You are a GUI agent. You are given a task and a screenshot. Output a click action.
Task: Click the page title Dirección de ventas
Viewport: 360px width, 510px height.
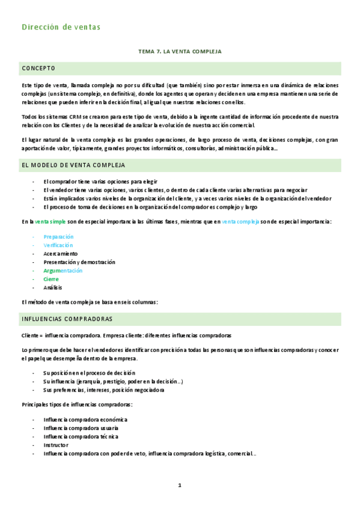click(x=61, y=26)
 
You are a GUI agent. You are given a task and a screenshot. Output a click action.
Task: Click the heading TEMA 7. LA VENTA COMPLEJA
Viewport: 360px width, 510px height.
click(x=180, y=52)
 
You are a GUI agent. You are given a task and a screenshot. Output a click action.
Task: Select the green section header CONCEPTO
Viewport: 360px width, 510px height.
click(x=38, y=68)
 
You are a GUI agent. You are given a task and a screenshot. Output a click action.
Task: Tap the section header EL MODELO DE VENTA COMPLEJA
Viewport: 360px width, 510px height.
click(x=73, y=165)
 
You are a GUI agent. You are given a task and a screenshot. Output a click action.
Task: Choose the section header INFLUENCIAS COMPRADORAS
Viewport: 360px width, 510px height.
click(x=67, y=318)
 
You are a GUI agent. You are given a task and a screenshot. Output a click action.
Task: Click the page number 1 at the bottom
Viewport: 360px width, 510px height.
click(x=179, y=485)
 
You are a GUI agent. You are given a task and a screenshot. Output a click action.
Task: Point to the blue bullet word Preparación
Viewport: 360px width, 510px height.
click(x=58, y=237)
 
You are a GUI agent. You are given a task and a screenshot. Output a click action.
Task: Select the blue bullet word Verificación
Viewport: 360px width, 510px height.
click(x=58, y=245)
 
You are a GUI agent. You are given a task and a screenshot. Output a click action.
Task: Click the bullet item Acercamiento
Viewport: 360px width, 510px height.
click(x=61, y=254)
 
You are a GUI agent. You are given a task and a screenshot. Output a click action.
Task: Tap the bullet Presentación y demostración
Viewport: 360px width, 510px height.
click(x=79, y=262)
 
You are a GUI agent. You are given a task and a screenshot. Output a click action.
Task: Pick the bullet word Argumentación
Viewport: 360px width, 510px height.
click(x=63, y=271)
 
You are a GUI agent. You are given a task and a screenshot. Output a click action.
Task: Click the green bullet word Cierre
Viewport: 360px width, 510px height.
click(x=51, y=279)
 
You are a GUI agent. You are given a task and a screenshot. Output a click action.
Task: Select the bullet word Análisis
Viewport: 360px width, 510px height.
click(x=53, y=287)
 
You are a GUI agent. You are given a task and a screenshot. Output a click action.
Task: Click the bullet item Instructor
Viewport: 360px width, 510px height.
click(x=56, y=445)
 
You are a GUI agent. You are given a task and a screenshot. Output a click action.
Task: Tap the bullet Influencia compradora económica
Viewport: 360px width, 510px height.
click(x=85, y=420)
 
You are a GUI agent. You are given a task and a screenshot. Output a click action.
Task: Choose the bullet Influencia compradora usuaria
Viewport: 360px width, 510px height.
click(x=81, y=428)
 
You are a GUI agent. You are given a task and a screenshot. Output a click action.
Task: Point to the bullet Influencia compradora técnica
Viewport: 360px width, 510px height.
click(x=81, y=437)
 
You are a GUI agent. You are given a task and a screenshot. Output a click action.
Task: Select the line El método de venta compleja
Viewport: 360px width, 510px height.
click(x=90, y=303)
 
